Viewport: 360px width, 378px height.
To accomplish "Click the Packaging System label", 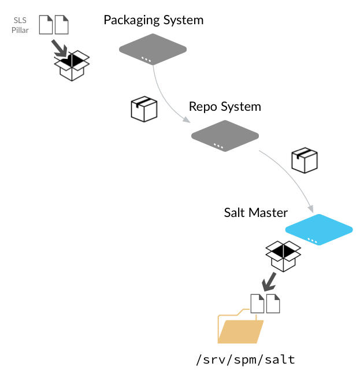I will coord(153,20).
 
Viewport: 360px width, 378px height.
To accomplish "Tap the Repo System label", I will coord(225,107).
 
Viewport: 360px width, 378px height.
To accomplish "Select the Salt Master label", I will coord(255,212).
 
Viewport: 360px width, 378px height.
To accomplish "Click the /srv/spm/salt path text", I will coord(246,360).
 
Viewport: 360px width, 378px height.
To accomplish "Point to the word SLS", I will coord(20,21).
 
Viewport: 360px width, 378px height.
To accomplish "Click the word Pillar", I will coord(20,30).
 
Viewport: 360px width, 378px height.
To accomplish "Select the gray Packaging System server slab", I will coord(153,48).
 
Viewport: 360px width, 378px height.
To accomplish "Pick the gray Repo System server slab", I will coord(225,136).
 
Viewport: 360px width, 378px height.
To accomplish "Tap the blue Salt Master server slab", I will coord(318,229).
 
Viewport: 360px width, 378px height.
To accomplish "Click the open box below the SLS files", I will coord(72,66).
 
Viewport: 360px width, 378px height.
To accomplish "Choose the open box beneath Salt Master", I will coord(283,256).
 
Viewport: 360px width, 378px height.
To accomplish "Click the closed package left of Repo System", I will coord(144,108).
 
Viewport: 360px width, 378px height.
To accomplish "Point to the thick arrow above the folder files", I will coord(269,282).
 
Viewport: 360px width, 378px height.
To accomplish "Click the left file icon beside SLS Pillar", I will coord(46,24).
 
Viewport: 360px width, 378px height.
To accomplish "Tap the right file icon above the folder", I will coord(273,304).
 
